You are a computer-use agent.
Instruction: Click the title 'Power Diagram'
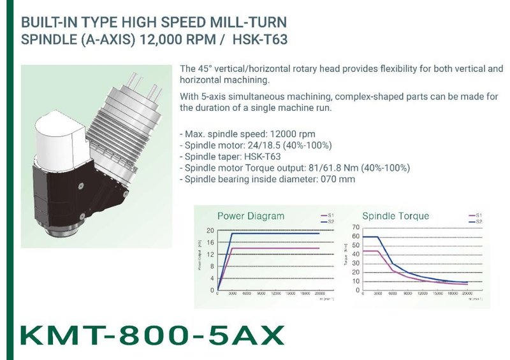coord(251,215)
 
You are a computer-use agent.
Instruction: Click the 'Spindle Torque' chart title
coord(395,215)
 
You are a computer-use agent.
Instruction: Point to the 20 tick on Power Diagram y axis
coord(211,230)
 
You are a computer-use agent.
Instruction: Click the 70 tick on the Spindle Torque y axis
coord(354,227)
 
